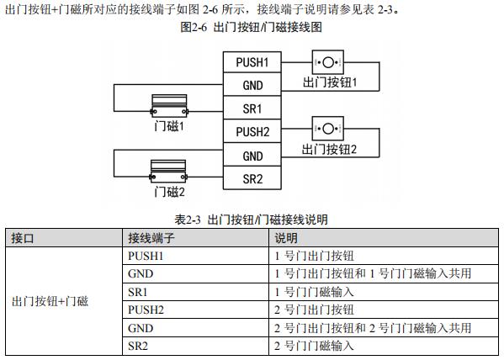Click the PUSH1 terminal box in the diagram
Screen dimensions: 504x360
pos(252,62)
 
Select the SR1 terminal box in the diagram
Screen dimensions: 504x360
pos(252,108)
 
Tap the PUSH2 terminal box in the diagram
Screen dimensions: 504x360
pos(252,131)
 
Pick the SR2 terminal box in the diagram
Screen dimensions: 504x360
pos(252,178)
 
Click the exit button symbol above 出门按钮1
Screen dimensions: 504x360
pos(328,62)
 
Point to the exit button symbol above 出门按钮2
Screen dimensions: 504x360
pos(328,129)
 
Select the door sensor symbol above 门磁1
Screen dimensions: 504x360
pos(169,106)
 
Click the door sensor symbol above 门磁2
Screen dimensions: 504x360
pos(168,172)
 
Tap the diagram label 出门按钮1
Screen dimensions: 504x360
pos(330,82)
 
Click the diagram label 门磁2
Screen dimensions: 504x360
pos(169,192)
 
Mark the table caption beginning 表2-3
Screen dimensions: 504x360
pos(251,220)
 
